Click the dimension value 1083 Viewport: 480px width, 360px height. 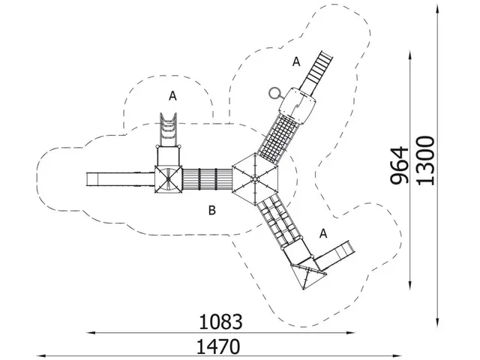point(220,322)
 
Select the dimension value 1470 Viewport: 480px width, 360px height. point(218,346)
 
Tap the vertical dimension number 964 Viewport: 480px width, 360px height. point(400,166)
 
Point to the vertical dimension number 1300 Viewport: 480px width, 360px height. point(425,160)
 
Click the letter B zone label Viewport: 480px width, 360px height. point(211,211)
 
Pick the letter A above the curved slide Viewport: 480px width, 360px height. point(172,96)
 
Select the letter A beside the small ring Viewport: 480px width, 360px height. point(296,61)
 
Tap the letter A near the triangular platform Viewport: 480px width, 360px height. point(323,233)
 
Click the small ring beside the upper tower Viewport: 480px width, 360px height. point(274,93)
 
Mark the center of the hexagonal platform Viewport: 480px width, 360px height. point(255,178)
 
